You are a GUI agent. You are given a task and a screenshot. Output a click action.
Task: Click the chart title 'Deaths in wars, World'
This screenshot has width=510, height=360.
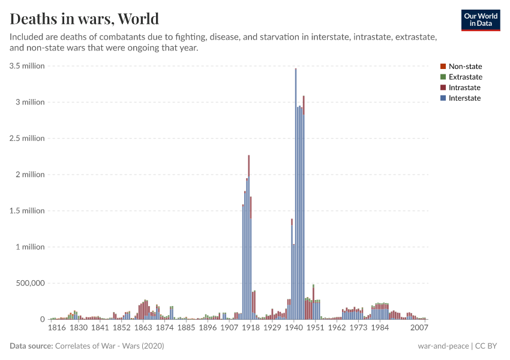tap(85, 18)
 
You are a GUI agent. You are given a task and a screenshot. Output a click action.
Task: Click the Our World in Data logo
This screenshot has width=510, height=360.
tap(480, 20)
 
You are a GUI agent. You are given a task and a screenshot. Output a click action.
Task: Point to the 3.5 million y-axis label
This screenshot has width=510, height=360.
tap(27, 66)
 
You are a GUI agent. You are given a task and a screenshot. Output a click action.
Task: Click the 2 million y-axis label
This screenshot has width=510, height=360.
tap(29, 175)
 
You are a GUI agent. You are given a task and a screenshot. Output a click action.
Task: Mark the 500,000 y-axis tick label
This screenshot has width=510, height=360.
tap(28, 283)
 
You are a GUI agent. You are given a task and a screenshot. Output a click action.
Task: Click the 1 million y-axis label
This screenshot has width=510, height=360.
tap(29, 247)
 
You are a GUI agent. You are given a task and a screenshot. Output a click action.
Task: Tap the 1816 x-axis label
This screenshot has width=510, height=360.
tap(57, 328)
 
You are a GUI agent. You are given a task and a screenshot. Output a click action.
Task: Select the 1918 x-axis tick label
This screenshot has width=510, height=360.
tap(251, 328)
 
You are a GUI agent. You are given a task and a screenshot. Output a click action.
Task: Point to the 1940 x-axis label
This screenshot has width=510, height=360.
tap(293, 328)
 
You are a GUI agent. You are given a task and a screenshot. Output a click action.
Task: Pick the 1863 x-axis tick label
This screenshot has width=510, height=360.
tap(143, 328)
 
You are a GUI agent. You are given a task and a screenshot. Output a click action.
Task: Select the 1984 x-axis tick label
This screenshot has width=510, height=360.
tap(379, 328)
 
